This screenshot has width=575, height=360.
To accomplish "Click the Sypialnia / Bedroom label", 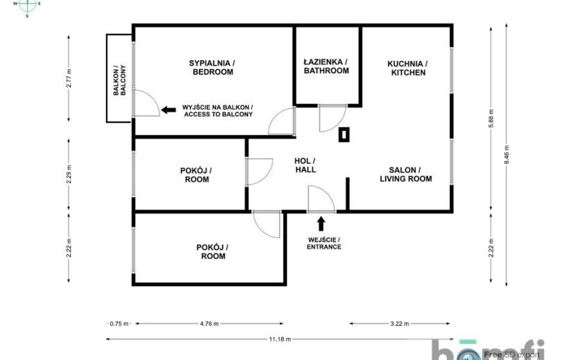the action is pos(212,67).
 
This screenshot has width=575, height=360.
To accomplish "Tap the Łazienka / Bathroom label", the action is pos(326,66).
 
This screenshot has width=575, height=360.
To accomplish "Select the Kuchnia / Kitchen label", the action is pos(408,68).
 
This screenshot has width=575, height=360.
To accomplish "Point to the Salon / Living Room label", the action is pos(405,174).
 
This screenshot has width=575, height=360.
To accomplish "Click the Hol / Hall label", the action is pos(305,165).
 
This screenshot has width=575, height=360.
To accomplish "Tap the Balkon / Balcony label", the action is pos(120,80).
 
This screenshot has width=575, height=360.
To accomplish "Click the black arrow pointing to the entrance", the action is pos(321,224).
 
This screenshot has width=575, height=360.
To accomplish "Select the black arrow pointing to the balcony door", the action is pos(168,109).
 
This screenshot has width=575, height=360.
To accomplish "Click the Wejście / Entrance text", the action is pos(324,244).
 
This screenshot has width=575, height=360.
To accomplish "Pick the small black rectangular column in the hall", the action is pos(344,134).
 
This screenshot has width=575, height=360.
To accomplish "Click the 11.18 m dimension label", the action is pos(280,339).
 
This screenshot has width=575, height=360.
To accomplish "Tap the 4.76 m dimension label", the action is pos(209,324).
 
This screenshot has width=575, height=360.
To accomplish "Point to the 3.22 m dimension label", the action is pos(399,324).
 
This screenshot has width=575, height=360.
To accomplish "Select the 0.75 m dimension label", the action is pos(119,324).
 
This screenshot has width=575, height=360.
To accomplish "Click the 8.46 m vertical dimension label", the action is pos(507,155).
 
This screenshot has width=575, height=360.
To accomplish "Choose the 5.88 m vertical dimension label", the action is pos(491,118).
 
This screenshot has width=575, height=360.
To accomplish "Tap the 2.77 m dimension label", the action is pos(69,78).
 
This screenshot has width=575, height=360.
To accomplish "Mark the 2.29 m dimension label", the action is pos(69,175).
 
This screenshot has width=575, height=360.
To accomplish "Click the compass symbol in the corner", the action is pos(27,6).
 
